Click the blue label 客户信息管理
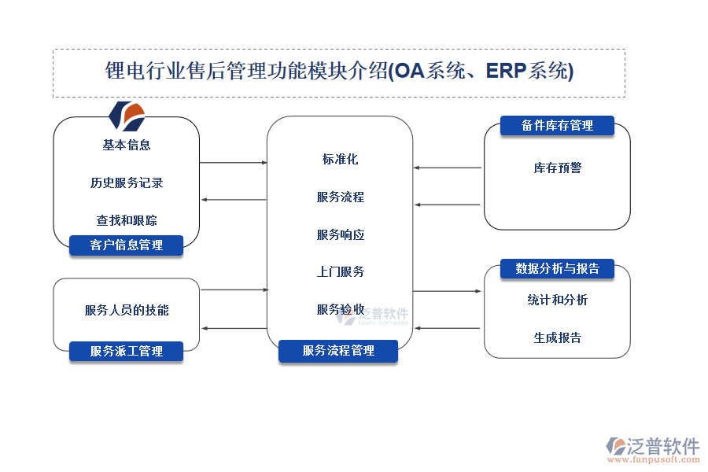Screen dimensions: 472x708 (x=126, y=245)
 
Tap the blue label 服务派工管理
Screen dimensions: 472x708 (x=126, y=351)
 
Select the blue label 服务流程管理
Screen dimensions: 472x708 (x=338, y=351)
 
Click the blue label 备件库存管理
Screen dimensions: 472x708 (x=557, y=126)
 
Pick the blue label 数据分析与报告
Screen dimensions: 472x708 (x=557, y=269)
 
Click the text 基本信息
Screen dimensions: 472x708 (x=127, y=145)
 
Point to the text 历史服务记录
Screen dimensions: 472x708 (x=127, y=183)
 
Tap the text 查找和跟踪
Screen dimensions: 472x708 (x=127, y=220)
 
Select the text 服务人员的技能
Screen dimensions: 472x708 (x=127, y=310)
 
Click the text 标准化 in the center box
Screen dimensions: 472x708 (x=340, y=159)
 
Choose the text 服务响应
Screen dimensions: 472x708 (x=340, y=234)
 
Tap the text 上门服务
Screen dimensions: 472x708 (x=340, y=271)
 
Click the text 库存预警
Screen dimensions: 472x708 (x=557, y=168)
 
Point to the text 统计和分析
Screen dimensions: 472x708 (x=557, y=300)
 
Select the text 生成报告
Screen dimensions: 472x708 (x=557, y=337)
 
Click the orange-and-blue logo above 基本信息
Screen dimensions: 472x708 (x=127, y=116)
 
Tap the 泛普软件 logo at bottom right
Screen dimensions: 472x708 (x=653, y=446)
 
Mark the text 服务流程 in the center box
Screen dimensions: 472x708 (x=340, y=197)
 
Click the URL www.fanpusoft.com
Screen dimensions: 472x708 (x=655, y=462)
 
